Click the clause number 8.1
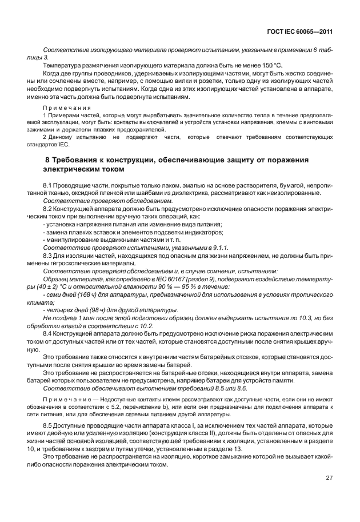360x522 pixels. pos(49,186)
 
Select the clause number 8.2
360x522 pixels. pos(49,210)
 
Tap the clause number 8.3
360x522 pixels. pos(49,256)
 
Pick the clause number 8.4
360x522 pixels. pos(49,332)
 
